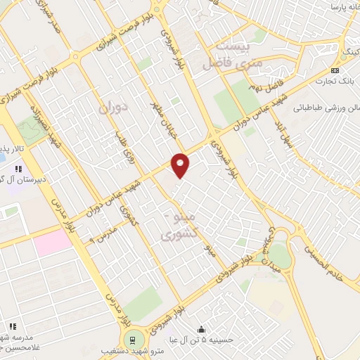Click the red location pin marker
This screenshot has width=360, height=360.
pos(181,165)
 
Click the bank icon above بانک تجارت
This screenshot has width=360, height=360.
pos(335,71)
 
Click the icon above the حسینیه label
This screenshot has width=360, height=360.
pos(202,329)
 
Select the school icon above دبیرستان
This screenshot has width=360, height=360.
pos(18,169)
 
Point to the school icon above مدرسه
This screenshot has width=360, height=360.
pos(13,326)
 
